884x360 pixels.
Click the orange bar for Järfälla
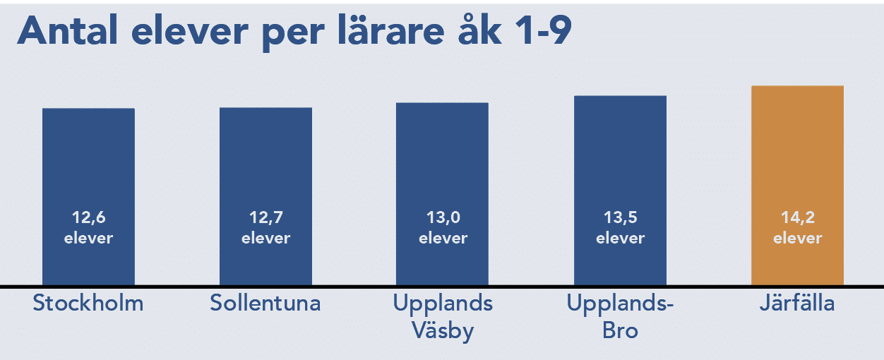pyautogui.click(x=797, y=185)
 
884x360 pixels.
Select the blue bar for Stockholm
pyautogui.click(x=88, y=196)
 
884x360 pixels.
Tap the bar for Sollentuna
pyautogui.click(x=265, y=196)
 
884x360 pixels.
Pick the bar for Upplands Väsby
pyautogui.click(x=443, y=194)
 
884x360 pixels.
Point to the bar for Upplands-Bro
pyautogui.click(x=620, y=191)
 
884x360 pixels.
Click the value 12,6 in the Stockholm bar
pyautogui.click(x=89, y=217)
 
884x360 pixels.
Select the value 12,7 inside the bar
pyautogui.click(x=266, y=217)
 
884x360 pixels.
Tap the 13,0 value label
pyautogui.click(x=443, y=217)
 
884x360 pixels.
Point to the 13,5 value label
pyautogui.click(x=621, y=217)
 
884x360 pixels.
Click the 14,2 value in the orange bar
pyautogui.click(x=798, y=217)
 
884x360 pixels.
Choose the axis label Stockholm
pyautogui.click(x=88, y=303)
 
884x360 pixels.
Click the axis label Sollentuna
pyautogui.click(x=265, y=303)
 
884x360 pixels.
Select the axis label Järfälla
pyautogui.click(x=797, y=302)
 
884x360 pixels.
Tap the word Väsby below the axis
pyautogui.click(x=443, y=330)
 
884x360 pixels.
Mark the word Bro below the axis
pyautogui.click(x=620, y=331)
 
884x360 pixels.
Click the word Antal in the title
pyautogui.click(x=68, y=31)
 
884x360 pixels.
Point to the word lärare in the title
pyautogui.click(x=391, y=30)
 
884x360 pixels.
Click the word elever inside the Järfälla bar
pyautogui.click(x=798, y=238)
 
